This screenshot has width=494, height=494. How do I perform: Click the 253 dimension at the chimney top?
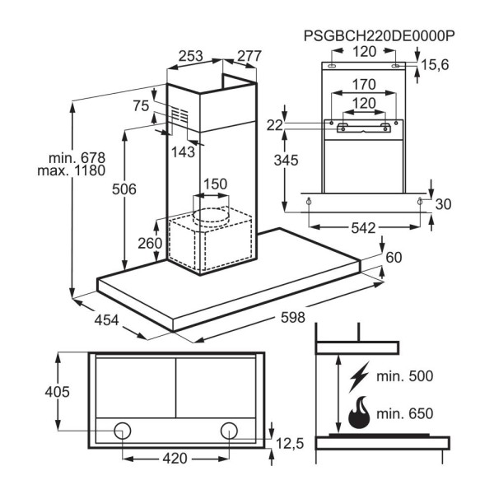[191, 57]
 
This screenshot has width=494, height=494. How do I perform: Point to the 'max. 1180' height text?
[72, 171]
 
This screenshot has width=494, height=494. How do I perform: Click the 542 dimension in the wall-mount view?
[367, 225]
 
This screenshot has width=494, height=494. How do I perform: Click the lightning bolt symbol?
[359, 378]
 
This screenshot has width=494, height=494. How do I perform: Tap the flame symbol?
[359, 414]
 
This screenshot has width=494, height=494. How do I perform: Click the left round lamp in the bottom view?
[123, 430]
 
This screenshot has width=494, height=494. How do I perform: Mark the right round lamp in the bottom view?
[228, 430]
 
